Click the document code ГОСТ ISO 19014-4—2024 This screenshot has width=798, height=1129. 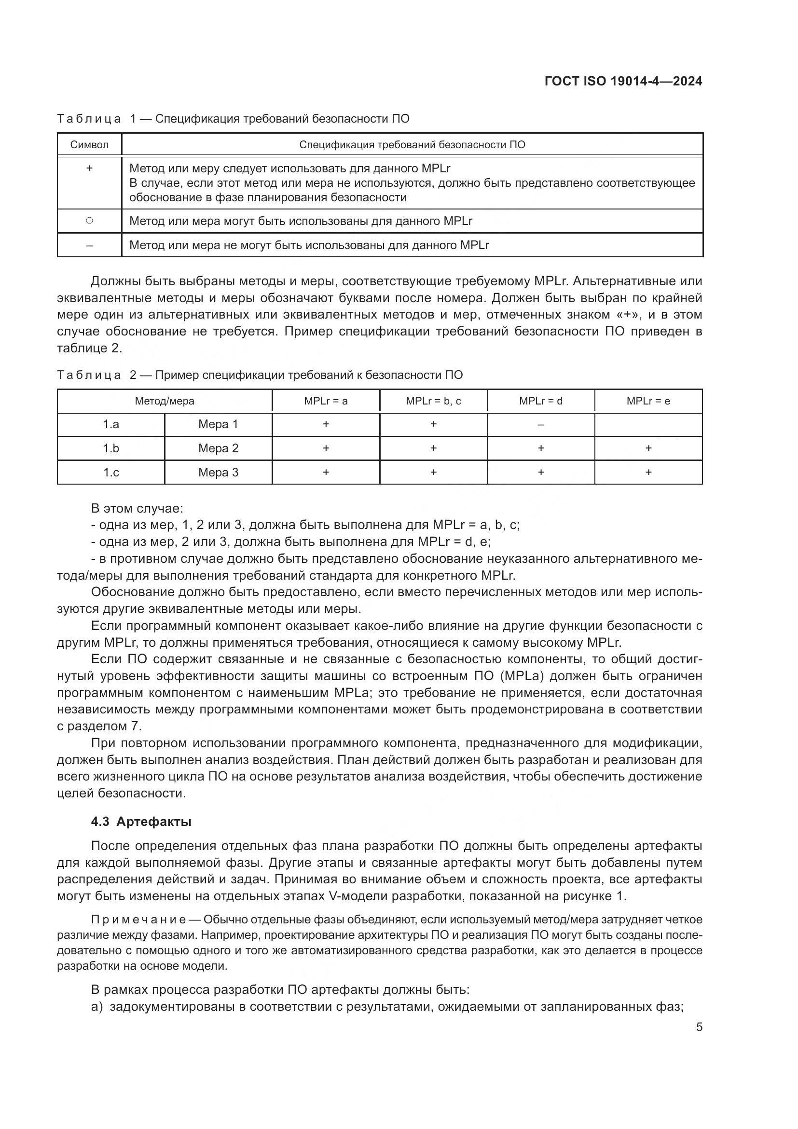click(623, 81)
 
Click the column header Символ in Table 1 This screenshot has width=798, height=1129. click(89, 145)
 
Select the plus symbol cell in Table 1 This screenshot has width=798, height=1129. click(89, 168)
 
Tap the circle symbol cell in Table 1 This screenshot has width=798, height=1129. click(89, 221)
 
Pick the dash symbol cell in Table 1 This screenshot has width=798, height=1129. click(89, 245)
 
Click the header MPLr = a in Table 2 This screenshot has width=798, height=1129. click(326, 401)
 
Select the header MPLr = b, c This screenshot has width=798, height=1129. click(433, 401)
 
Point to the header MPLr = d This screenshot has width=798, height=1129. click(540, 401)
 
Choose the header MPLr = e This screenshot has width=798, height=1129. click(648, 401)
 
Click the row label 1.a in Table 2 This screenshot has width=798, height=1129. click(111, 424)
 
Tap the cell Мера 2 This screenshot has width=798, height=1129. click(218, 448)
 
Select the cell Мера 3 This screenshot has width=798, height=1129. click(218, 473)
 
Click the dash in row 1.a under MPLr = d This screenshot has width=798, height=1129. click(540, 424)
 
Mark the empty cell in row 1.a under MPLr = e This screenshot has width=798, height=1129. click(648, 424)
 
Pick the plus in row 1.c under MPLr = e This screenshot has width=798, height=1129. click(648, 473)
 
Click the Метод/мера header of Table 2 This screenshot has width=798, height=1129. click(165, 401)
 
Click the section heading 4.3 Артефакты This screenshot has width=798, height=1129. click(141, 822)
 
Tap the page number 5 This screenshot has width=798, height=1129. click(699, 1027)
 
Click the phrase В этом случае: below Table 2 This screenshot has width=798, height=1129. click(137, 508)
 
